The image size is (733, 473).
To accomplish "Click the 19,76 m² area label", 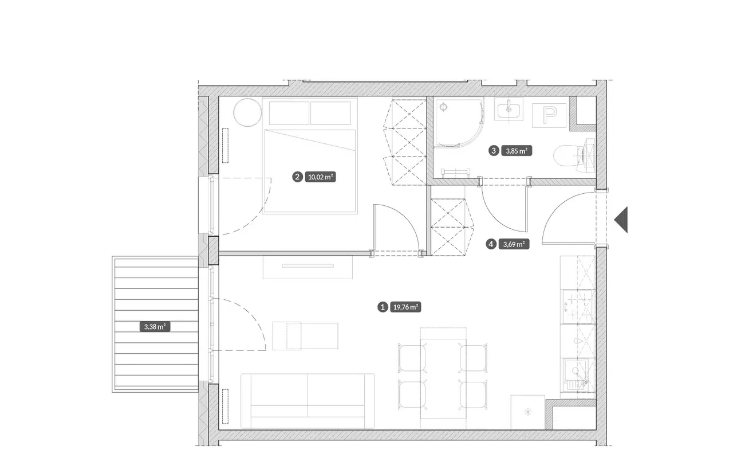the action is pos(405,307).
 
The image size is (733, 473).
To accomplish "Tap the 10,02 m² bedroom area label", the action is pos(320,177).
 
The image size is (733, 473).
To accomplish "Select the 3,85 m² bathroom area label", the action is pos(517,151).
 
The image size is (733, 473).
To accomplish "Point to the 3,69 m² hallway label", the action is pos(514,244).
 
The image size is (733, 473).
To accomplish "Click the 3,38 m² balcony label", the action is pos(155,327).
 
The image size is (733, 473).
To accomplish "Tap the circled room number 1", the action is pos(383,307).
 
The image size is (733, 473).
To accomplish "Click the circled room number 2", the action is pos(297,177).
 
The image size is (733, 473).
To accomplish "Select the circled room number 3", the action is pos(494,151).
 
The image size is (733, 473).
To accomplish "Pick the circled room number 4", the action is pos(491,244).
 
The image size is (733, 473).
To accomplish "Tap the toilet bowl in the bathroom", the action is pos(566,156).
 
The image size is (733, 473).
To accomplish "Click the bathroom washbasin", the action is pos(509,109).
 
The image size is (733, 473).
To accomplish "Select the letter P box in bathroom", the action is pos(549,115).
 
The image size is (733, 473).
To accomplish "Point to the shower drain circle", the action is pos(443,107).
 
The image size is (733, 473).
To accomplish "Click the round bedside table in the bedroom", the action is pos(248,112).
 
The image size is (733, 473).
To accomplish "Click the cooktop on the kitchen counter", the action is pos(578,307).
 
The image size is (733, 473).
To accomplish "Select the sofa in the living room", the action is pos(308,401).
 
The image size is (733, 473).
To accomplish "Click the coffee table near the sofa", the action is pos(305,336).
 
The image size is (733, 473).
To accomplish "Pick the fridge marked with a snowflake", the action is pos(528,412).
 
